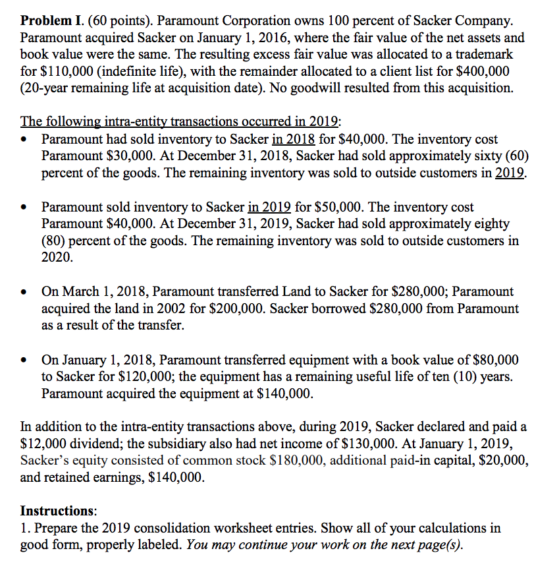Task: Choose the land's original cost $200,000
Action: click(219, 308)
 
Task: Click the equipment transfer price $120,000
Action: click(134, 377)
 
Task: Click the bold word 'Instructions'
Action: click(58, 511)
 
